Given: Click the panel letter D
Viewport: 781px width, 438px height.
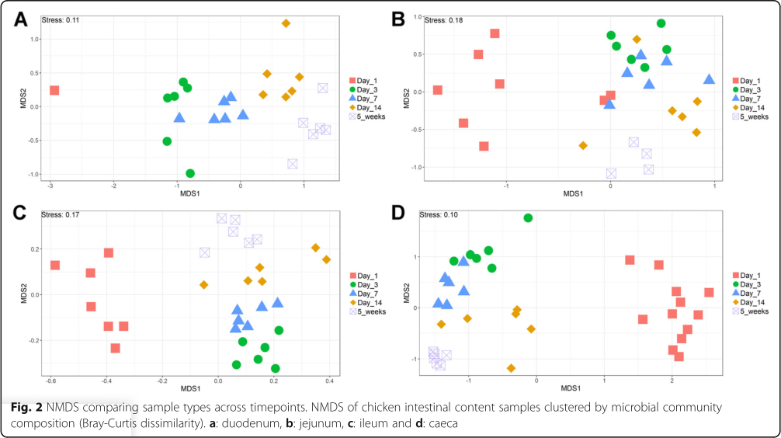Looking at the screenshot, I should point(398,212).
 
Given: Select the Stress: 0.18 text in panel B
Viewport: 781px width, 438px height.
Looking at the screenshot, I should point(443,20).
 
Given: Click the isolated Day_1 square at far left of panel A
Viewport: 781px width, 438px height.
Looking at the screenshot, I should point(54,90).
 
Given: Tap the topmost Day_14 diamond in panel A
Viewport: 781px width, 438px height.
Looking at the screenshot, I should point(286,23).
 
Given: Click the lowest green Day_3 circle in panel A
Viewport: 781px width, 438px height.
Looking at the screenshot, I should point(190,173).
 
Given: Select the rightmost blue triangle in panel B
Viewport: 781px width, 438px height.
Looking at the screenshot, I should point(709,79).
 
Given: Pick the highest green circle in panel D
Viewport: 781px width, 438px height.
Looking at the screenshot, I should point(528,218).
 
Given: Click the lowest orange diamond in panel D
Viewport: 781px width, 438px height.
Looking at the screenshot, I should point(511,368).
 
